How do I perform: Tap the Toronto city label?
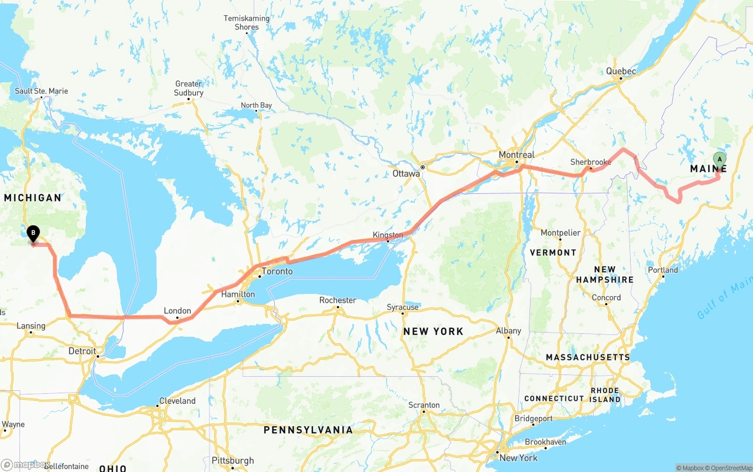277,272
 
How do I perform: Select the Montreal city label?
517,155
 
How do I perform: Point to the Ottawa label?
407,174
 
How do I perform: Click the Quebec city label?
621,71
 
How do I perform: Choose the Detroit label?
82,351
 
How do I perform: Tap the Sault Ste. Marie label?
41,91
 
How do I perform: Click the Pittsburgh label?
233,460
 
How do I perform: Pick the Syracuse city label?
403,307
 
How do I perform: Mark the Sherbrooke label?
591,162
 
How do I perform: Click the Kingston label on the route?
388,235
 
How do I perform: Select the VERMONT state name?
553,252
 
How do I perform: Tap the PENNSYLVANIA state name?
308,430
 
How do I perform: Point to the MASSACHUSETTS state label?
588,357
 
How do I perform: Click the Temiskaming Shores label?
246,23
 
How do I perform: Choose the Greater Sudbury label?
189,88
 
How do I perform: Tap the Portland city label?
663,270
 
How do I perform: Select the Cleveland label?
177,401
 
